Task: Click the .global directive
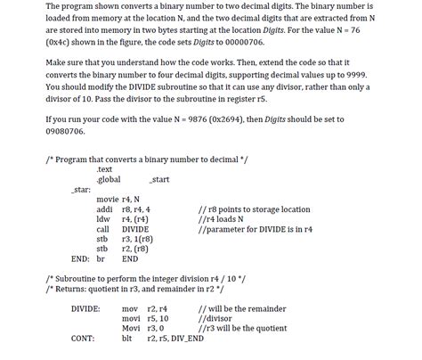109,179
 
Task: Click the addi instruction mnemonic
105,209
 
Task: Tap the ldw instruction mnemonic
103,219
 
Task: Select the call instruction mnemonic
103,229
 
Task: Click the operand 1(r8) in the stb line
135,239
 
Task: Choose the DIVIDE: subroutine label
85,307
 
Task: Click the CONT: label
83,338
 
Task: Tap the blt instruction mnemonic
126,338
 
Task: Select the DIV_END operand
186,338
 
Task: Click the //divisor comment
217,317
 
